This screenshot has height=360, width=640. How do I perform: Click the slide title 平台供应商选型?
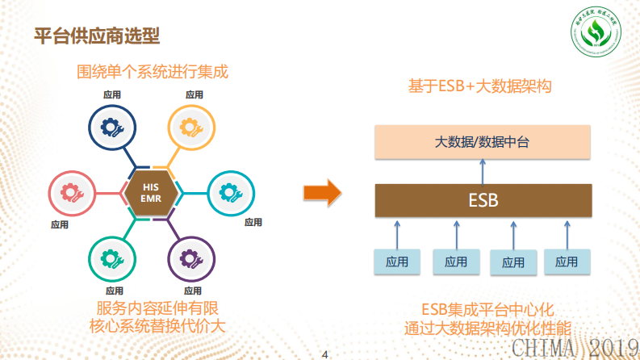[x=97, y=36]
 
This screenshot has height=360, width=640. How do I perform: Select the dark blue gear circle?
[x=110, y=127]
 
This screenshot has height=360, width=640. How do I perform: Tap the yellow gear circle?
[x=190, y=127]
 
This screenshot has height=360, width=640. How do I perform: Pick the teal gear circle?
[x=232, y=193]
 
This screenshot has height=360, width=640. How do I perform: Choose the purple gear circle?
[x=191, y=259]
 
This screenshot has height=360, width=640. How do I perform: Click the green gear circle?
[x=111, y=259]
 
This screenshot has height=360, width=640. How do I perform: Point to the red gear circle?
[x=70, y=193]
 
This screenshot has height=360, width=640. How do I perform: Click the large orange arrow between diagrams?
[x=321, y=193]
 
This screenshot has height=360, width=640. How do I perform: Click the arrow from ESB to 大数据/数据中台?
[x=483, y=171]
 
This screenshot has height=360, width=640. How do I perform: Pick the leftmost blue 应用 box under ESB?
[x=397, y=261]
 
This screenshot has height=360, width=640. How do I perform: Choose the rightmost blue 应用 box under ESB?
[x=567, y=261]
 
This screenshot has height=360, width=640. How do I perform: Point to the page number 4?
[x=324, y=354]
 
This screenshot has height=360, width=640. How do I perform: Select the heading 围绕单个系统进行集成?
[x=153, y=72]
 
